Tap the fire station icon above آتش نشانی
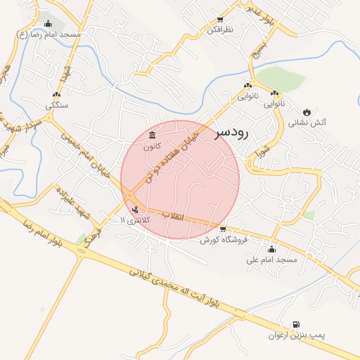pos(307,112)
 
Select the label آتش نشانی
pos(307,123)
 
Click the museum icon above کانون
pos(153,135)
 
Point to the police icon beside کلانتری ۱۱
pos(135,209)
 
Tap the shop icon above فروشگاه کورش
pos(223,229)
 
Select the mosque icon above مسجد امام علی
pos(271,249)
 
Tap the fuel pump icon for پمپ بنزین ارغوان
pos(297,324)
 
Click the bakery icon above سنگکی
pos(57,94)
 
